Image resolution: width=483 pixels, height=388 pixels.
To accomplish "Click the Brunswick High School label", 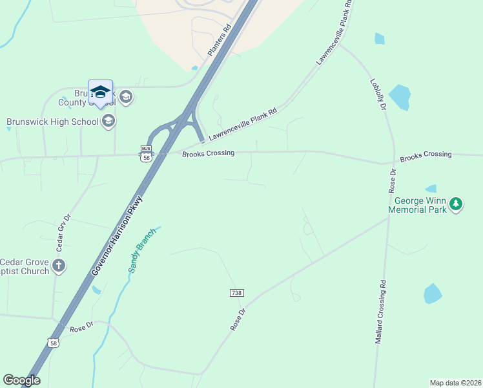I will (52, 121).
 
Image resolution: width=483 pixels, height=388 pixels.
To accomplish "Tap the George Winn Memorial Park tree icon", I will (457, 204).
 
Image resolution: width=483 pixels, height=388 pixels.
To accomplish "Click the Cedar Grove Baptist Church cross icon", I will (59, 264).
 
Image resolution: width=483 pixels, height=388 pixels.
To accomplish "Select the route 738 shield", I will (236, 293).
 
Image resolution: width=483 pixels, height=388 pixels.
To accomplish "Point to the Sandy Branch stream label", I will (143, 250).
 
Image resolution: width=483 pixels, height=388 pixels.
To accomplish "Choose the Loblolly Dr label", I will (378, 94).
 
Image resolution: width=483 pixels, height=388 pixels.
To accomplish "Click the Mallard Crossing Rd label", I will (380, 312).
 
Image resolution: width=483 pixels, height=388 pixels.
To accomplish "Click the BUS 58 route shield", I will (146, 153).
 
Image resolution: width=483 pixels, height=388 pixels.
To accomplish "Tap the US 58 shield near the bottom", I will (54, 343).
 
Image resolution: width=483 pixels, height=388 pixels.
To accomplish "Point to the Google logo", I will (21, 380).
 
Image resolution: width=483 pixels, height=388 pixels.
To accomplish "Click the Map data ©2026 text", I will (455, 382).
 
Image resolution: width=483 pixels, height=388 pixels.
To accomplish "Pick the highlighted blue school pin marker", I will (100, 94).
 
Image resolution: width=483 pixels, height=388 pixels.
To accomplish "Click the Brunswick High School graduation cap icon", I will (108, 120).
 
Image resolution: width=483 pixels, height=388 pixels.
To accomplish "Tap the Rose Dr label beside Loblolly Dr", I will (392, 181).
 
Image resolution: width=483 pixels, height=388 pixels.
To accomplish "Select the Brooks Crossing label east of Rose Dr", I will (426, 155).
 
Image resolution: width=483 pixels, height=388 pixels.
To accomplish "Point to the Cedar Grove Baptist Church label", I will (25, 266).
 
